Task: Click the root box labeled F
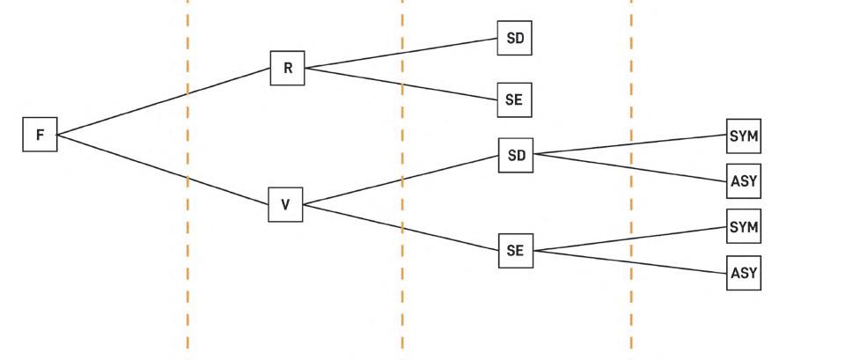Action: pyautogui.click(x=40, y=135)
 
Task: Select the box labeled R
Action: pyautogui.click(x=287, y=68)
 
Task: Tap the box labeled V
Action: pyautogui.click(x=285, y=205)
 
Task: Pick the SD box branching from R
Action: pyautogui.click(x=515, y=39)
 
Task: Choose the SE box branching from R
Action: pyautogui.click(x=515, y=100)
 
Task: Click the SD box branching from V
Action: pyautogui.click(x=516, y=156)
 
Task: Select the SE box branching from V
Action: pyautogui.click(x=515, y=251)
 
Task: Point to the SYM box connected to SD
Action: pyautogui.click(x=743, y=136)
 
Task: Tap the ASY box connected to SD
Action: pyautogui.click(x=743, y=181)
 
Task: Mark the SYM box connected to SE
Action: pyautogui.click(x=743, y=228)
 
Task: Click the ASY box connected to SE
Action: pyautogui.click(x=743, y=273)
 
